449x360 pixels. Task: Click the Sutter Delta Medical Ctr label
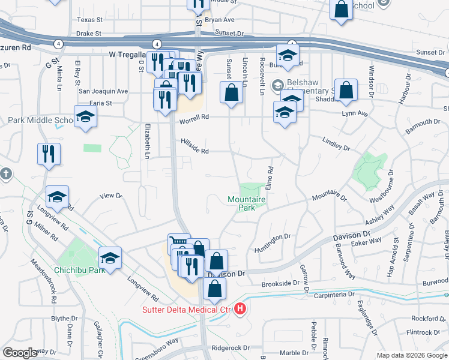[186, 310]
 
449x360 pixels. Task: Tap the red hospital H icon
[241, 310]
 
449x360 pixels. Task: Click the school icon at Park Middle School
[85, 117]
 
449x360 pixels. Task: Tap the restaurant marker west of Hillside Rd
[49, 154]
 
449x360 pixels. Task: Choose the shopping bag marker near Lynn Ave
[346, 90]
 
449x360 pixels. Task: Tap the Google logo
[20, 353]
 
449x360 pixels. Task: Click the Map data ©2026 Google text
[411, 355]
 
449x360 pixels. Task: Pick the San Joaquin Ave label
[104, 91]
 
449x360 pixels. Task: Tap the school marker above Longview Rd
[58, 197]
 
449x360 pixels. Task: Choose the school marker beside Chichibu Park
[110, 258]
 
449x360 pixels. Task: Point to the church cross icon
[5, 174]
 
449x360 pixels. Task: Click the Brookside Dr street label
[280, 283]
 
